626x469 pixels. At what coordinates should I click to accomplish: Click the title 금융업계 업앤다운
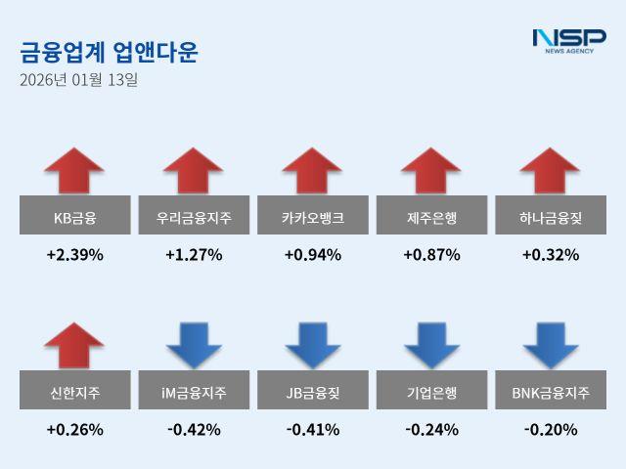pos(109,52)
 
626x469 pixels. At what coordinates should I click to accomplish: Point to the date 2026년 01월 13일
pos(78,80)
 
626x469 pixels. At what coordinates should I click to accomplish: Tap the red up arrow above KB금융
pos(74,171)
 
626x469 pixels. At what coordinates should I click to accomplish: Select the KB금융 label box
pos(74,215)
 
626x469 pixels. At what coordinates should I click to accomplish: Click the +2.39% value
pos(74,255)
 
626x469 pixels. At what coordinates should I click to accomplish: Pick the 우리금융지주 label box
pos(194,215)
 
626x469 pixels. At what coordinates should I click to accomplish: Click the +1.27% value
pos(194,255)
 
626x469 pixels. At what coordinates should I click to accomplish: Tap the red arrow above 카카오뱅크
pos(312,171)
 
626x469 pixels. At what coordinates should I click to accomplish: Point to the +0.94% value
pos(312,255)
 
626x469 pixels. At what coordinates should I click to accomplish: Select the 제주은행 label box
pos(431,215)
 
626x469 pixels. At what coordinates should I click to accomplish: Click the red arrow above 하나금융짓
pos(550,171)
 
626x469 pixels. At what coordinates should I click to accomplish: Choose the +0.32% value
pos(550,255)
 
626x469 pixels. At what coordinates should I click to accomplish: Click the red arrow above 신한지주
pos(74,345)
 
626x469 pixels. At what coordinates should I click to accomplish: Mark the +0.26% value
pos(74,429)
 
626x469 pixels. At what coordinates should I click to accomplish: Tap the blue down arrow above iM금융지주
pos(194,345)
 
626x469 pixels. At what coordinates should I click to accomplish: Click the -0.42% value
pos(194,429)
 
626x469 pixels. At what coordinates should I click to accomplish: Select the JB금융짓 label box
pos(312,393)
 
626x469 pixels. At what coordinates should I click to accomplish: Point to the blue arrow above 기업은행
pos(431,345)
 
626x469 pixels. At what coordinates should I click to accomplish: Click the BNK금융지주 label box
pos(550,393)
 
